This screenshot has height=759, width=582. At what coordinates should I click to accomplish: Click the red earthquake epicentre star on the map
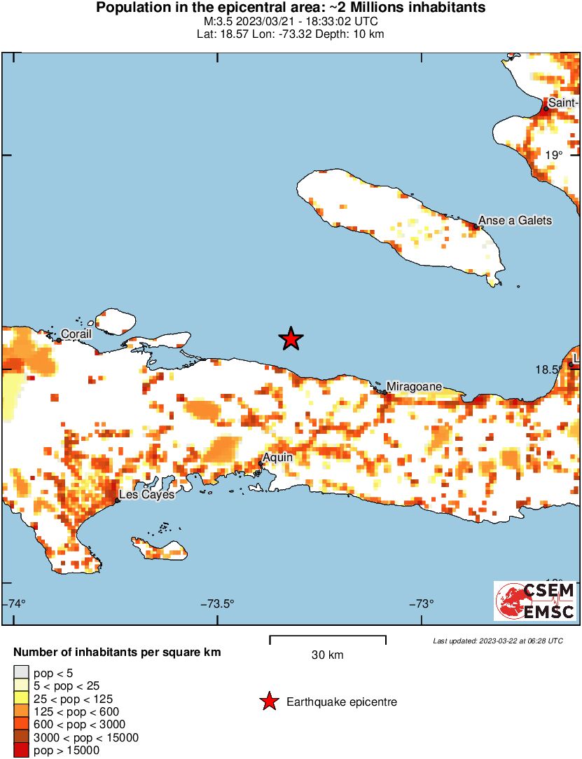(291, 339)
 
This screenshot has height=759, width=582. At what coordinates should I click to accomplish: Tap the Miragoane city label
(415, 386)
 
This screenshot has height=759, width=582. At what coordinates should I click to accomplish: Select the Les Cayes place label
(147, 495)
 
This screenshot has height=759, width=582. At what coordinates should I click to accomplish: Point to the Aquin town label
(277, 458)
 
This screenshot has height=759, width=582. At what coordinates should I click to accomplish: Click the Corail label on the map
(76, 334)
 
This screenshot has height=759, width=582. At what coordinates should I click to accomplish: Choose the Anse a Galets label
(515, 220)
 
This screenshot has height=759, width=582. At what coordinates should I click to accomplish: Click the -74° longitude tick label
(15, 603)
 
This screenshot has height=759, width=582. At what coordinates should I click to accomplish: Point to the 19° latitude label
(553, 155)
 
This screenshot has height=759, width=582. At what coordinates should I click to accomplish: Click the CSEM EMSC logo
(535, 601)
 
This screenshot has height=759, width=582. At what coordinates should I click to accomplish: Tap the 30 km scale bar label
(327, 655)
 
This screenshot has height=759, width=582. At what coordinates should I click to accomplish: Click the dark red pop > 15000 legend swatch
(21, 751)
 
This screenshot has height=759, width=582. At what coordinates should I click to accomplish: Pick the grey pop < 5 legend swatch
(21, 673)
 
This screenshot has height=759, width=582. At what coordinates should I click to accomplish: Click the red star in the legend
(268, 702)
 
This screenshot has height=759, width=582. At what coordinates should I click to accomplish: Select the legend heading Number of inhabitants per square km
(117, 652)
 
